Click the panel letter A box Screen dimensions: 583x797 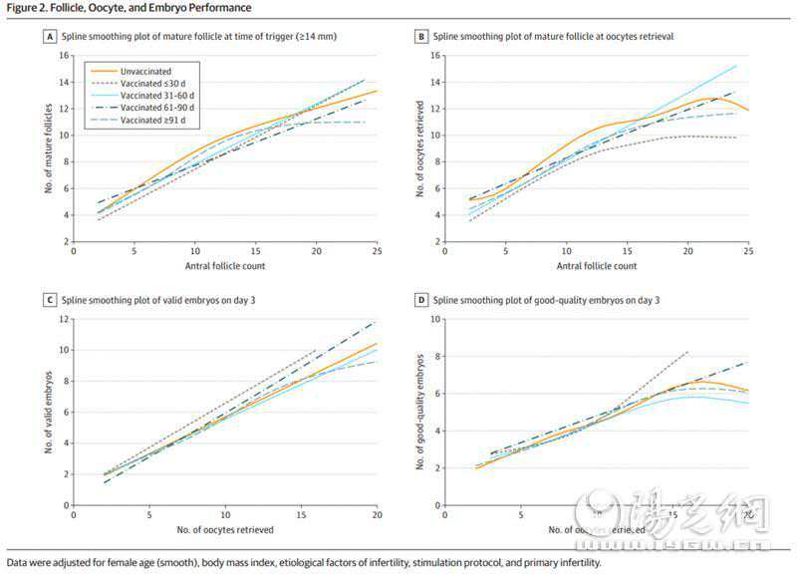(x=49, y=37)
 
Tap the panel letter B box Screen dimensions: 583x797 (x=422, y=37)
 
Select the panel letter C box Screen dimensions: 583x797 (x=49, y=301)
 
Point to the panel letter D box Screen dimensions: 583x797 (x=422, y=301)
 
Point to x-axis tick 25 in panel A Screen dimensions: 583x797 (x=378, y=252)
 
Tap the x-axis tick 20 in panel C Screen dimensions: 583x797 (x=378, y=515)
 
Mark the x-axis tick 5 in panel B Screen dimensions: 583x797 (x=505, y=252)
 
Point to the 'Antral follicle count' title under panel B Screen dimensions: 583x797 (x=597, y=266)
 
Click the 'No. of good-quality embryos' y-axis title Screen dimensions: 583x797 (x=419, y=412)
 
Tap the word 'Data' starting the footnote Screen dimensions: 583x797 (x=18, y=563)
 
